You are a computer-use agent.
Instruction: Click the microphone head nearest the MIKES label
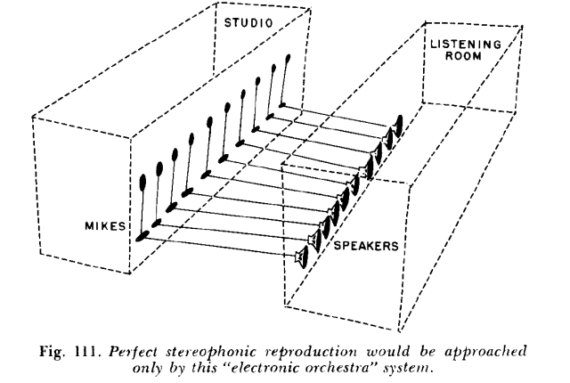click(143, 183)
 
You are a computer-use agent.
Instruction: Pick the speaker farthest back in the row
click(399, 122)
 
